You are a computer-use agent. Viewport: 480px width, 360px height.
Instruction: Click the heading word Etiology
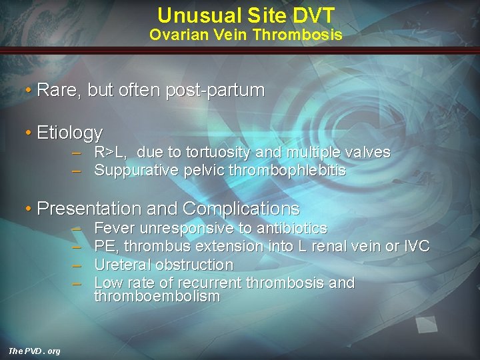(70, 133)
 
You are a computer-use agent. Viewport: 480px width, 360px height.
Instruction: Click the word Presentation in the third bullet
(89, 209)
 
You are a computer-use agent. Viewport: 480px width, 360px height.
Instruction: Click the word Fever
(113, 229)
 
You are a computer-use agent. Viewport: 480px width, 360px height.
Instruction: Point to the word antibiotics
(292, 229)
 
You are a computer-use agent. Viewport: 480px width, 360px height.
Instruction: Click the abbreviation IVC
(417, 247)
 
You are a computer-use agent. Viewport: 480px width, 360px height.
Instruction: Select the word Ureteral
(122, 265)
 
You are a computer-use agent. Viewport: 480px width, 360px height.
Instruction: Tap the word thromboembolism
(157, 297)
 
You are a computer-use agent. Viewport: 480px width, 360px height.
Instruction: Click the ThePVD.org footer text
(34, 351)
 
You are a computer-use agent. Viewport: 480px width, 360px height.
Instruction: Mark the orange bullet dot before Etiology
(29, 133)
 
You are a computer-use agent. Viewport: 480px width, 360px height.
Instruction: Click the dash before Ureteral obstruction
(77, 265)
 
